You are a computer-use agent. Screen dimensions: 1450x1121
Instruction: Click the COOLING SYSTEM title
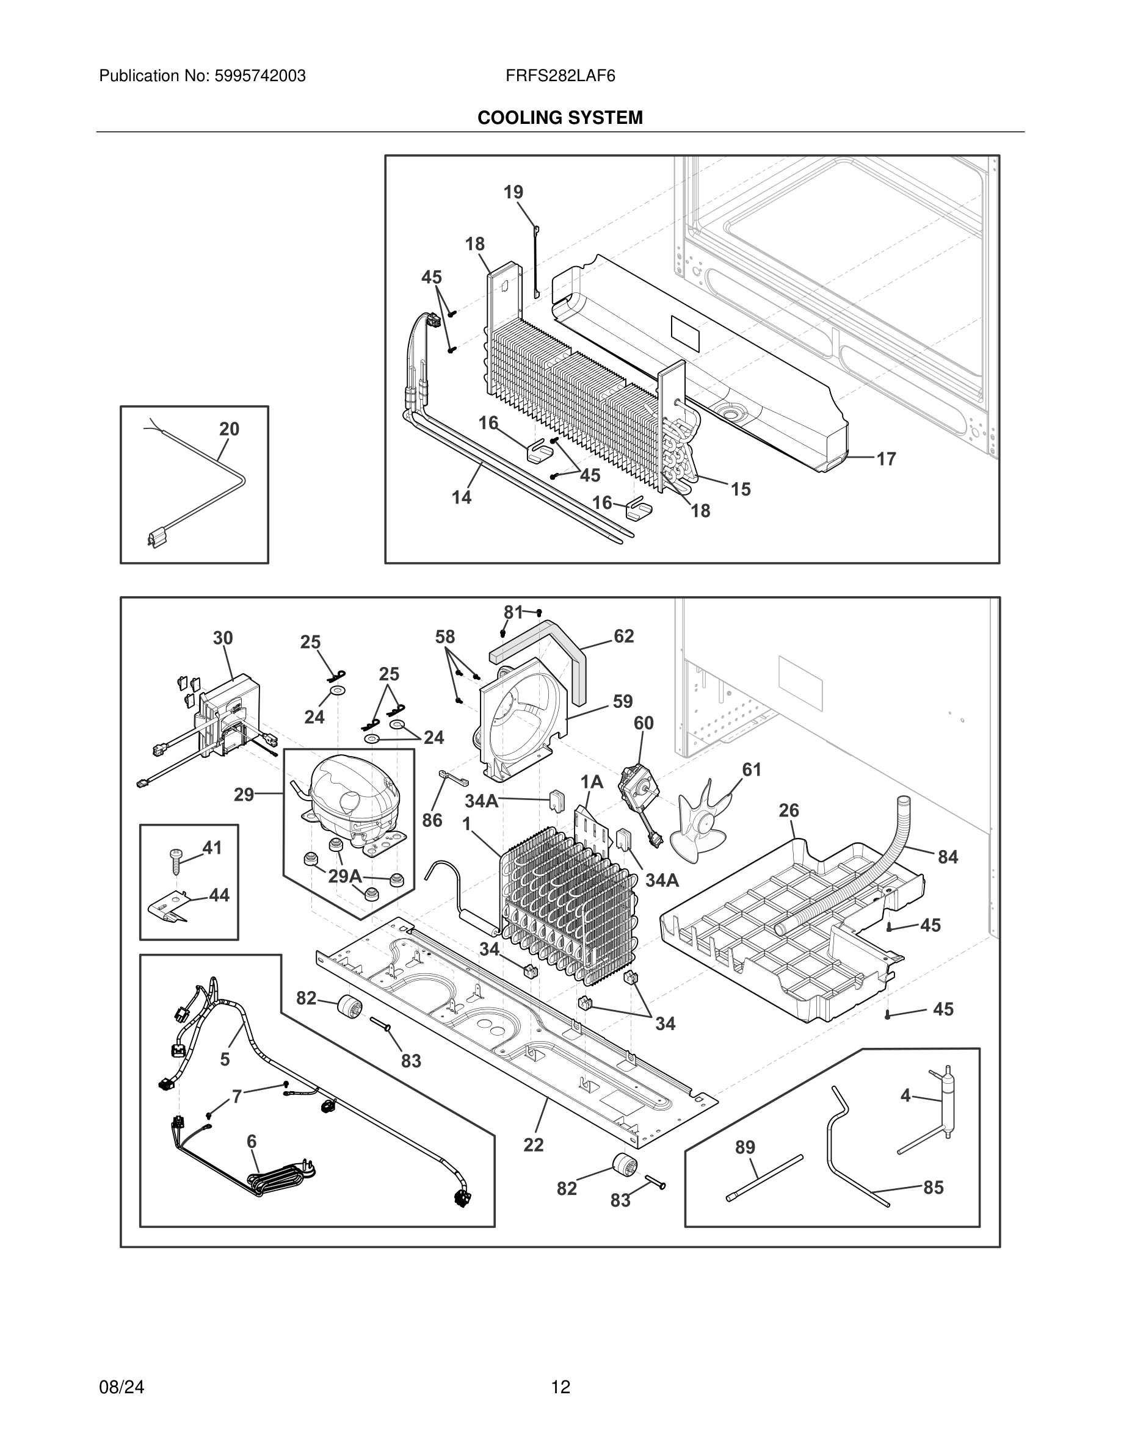pyautogui.click(x=560, y=118)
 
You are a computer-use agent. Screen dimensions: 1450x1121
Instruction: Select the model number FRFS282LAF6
pyautogui.click(x=560, y=76)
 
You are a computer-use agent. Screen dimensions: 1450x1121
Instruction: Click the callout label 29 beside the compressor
pyautogui.click(x=244, y=794)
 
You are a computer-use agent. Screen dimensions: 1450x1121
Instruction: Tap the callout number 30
pyautogui.click(x=222, y=638)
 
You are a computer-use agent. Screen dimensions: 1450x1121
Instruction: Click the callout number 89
pyautogui.click(x=745, y=1147)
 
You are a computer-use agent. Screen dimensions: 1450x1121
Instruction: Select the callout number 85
pyautogui.click(x=933, y=1187)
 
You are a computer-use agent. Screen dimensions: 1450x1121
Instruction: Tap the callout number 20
pyautogui.click(x=229, y=429)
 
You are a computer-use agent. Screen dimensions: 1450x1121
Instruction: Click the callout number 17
pyautogui.click(x=886, y=459)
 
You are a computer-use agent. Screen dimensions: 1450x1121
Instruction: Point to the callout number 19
pyautogui.click(x=513, y=192)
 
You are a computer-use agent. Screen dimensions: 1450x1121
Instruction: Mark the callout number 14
pyautogui.click(x=462, y=497)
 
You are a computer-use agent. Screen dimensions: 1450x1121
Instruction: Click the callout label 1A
pyautogui.click(x=592, y=782)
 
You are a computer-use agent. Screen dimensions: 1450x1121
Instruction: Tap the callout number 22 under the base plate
pyautogui.click(x=533, y=1145)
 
